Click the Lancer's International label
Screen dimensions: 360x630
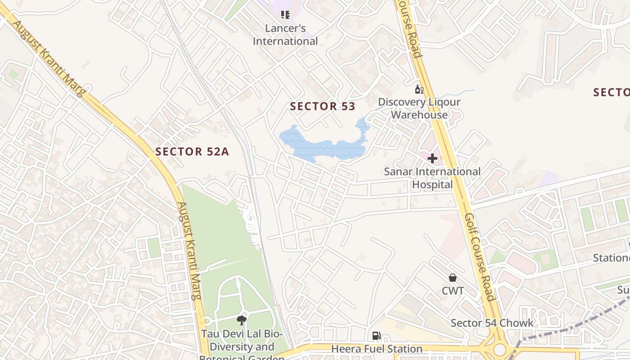click(285, 35)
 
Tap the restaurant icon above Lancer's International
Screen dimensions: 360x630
click(285, 15)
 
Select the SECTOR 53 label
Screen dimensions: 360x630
click(323, 107)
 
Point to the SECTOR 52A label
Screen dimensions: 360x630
click(192, 152)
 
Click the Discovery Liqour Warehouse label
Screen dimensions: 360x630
click(419, 108)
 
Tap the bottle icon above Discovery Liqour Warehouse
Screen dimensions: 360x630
click(419, 89)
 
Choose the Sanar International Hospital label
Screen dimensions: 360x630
click(432, 178)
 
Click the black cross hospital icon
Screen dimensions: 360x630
click(432, 158)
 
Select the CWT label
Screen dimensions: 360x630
click(453, 291)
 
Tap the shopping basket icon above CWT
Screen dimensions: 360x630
click(453, 278)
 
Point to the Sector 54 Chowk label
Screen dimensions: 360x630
click(492, 323)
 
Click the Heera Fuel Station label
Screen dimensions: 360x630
click(377, 349)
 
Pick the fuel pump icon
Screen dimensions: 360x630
click(376, 336)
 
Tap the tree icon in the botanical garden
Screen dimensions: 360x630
click(242, 320)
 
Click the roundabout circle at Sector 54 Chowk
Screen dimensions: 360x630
click(499, 349)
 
